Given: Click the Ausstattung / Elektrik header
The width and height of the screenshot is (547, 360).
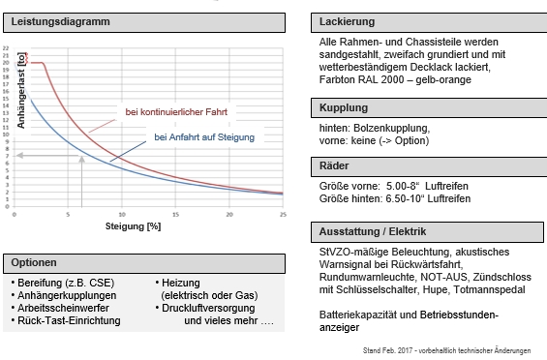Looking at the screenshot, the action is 372,232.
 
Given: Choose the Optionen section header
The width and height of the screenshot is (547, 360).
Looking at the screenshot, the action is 36,262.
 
